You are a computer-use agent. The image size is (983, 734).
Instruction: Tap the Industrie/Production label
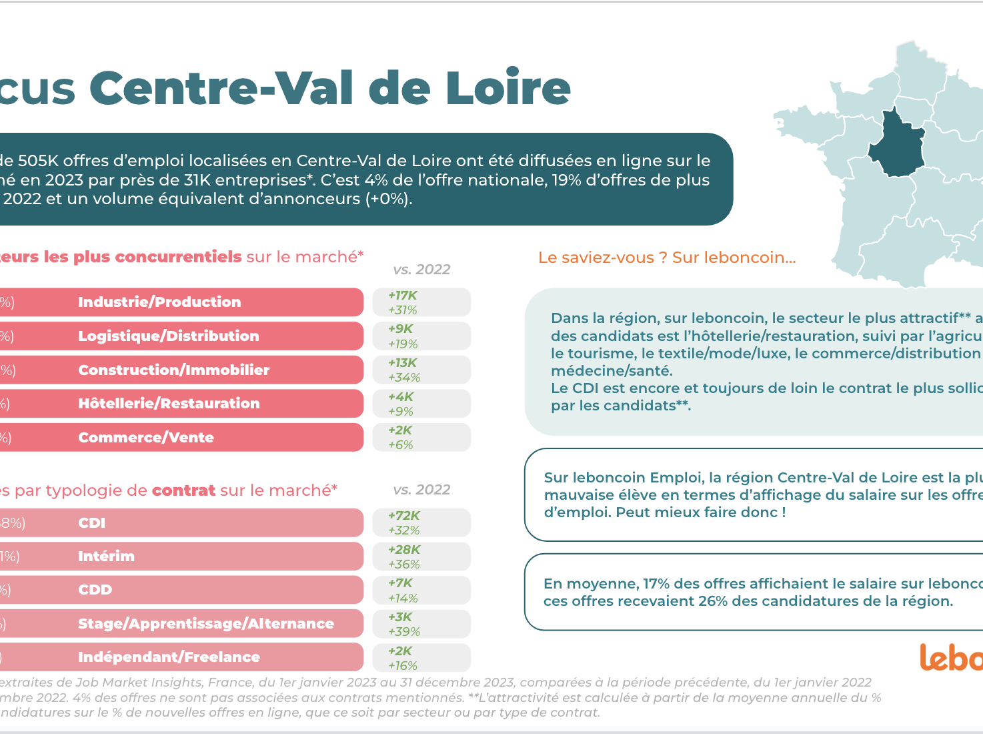[x=159, y=302]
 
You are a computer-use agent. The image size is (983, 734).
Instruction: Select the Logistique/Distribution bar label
[x=168, y=336]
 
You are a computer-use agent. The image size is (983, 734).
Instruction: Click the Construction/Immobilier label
[x=173, y=370]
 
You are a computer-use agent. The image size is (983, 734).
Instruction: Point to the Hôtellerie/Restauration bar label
[x=169, y=404]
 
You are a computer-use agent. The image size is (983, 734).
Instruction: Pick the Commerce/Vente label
[x=146, y=438]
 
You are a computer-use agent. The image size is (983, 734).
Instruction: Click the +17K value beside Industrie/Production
[x=403, y=296]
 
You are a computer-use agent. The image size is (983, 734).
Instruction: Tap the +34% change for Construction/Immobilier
[x=404, y=378]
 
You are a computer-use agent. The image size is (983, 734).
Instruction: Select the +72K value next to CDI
[x=404, y=516]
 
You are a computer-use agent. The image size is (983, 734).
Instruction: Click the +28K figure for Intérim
[x=404, y=550]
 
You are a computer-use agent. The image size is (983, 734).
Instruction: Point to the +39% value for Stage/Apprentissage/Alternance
[x=404, y=632]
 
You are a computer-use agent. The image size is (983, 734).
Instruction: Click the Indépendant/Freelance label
[x=169, y=657]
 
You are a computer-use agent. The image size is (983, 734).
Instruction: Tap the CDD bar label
[x=95, y=590]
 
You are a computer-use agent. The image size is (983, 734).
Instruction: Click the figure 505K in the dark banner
[x=38, y=161]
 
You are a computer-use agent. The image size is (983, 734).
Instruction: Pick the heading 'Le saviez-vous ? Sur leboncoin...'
[x=667, y=258]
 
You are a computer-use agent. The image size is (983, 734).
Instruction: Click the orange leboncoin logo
[x=951, y=658]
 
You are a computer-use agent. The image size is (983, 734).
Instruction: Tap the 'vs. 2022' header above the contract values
[x=421, y=490]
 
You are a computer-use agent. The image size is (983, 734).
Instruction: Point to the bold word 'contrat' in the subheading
[x=183, y=490]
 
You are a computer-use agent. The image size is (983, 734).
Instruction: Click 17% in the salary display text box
[x=656, y=584]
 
